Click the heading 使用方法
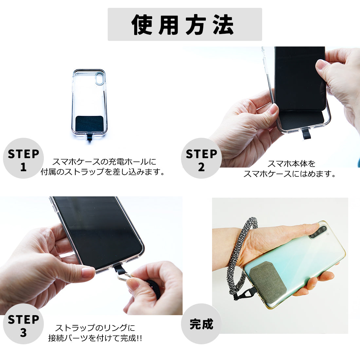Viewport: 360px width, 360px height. point(183,25)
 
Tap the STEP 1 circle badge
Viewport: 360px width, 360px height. point(23,158)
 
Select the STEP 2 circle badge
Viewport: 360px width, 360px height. point(201,158)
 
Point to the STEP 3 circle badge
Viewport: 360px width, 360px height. point(23,324)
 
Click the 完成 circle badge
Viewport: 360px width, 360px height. point(201,324)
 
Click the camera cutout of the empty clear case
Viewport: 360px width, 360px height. point(99,79)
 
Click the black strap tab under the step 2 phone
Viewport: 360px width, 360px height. point(306,134)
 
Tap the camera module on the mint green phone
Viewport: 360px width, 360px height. point(318,232)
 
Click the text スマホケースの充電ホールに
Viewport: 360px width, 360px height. point(104,162)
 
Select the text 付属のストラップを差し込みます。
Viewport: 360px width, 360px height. point(103,172)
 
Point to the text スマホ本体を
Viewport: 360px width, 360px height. point(291,164)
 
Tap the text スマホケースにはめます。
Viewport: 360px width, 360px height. point(290,174)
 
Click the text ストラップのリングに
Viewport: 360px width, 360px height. point(95,328)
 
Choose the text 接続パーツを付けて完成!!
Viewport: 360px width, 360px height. point(95,338)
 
